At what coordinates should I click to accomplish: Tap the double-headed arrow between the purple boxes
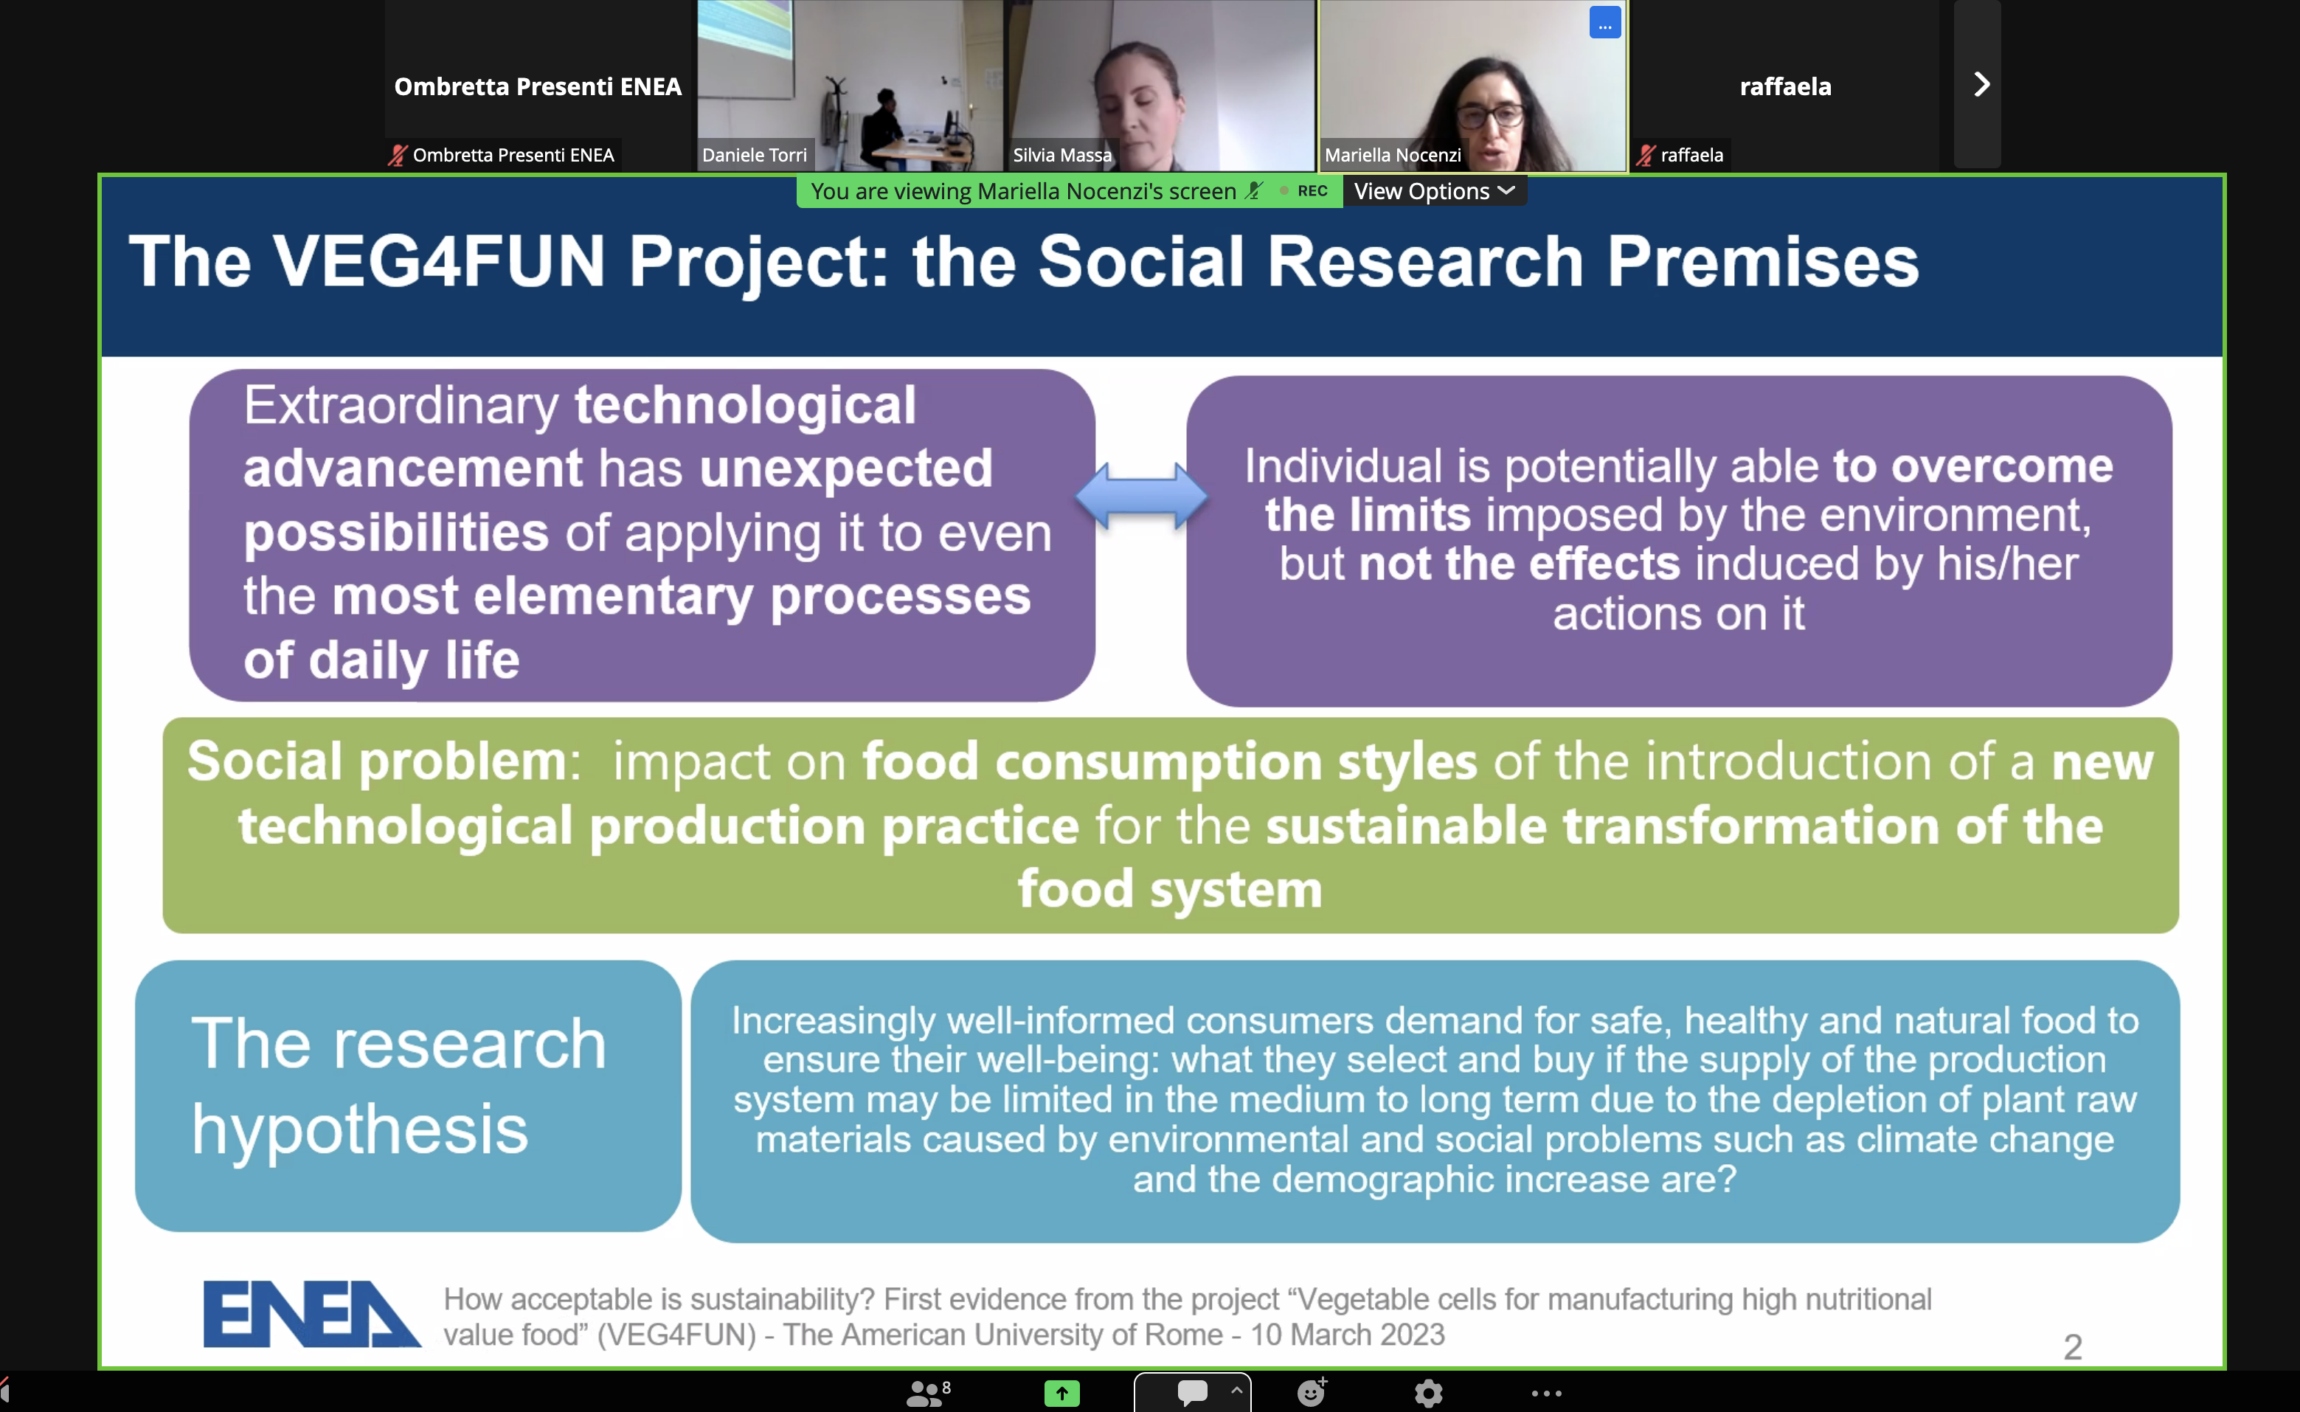tap(1141, 496)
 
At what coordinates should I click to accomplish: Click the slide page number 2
tap(2072, 1346)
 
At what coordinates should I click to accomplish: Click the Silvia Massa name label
tap(1061, 155)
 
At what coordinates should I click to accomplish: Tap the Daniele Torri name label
tap(755, 155)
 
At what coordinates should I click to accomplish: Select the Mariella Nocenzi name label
tap(1393, 155)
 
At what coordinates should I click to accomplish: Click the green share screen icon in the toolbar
tap(1061, 1394)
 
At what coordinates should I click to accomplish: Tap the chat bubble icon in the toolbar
tap(1191, 1392)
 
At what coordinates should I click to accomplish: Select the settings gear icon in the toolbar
tap(1428, 1394)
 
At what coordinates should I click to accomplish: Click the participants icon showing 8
tap(928, 1392)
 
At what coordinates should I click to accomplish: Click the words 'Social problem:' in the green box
tap(384, 761)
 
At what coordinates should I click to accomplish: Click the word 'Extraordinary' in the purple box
tap(401, 406)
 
